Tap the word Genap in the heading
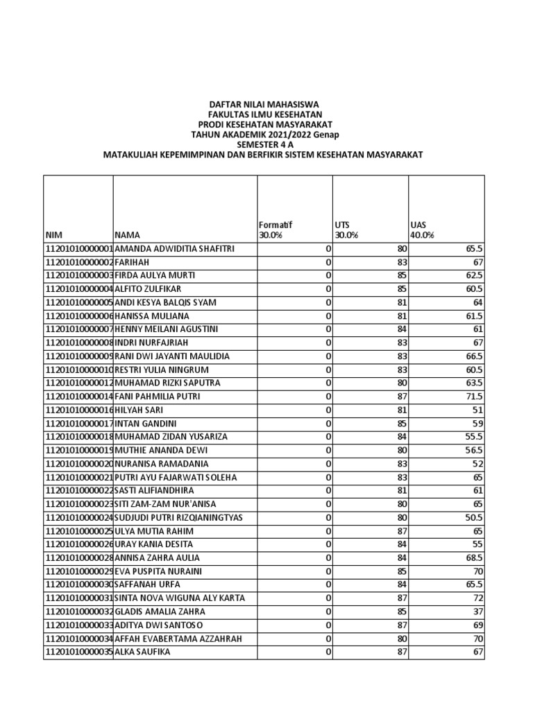(x=325, y=134)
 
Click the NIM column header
(x=53, y=235)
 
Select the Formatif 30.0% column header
(x=276, y=230)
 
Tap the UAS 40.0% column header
(x=422, y=230)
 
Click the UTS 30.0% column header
(x=346, y=230)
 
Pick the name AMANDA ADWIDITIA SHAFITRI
(x=174, y=248)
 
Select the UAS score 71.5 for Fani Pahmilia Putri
(x=475, y=397)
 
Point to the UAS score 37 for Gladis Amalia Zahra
(x=477, y=612)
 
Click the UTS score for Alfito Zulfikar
(x=400, y=288)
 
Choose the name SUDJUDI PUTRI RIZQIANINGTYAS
(x=178, y=517)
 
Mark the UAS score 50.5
(x=475, y=517)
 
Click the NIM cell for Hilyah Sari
(x=78, y=410)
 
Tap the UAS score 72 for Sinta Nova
(x=477, y=598)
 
